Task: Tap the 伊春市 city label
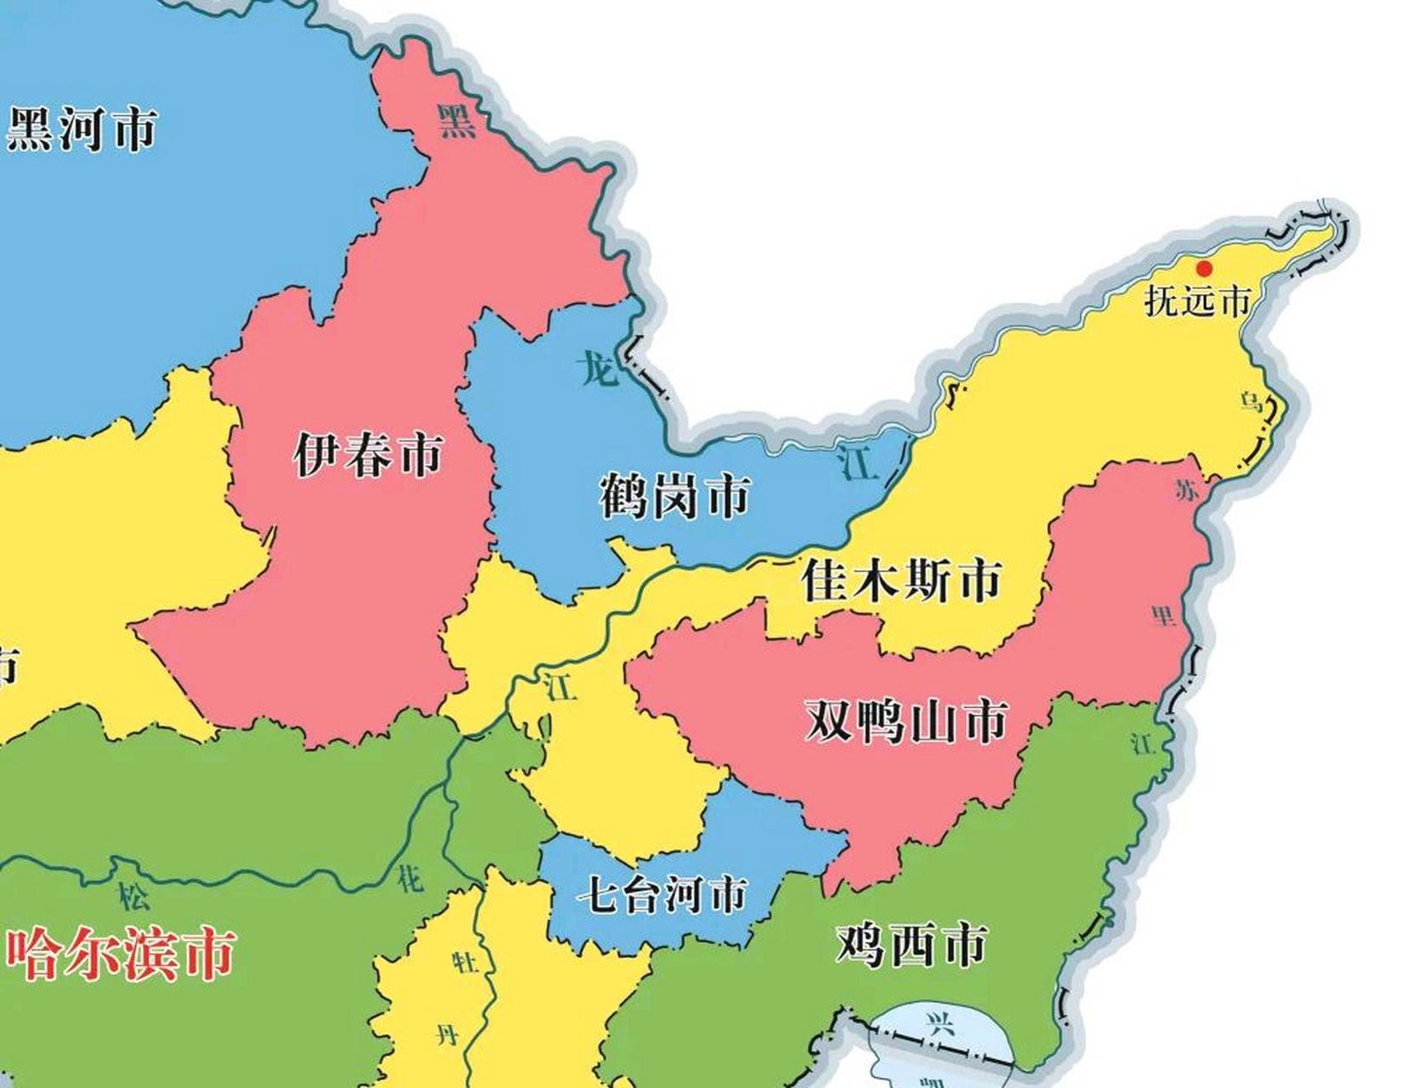368,455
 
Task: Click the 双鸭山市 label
906,721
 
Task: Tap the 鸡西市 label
911,943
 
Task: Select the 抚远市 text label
1197,301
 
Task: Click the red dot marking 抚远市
1204,269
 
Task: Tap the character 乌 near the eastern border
1250,401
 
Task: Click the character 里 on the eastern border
1163,615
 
